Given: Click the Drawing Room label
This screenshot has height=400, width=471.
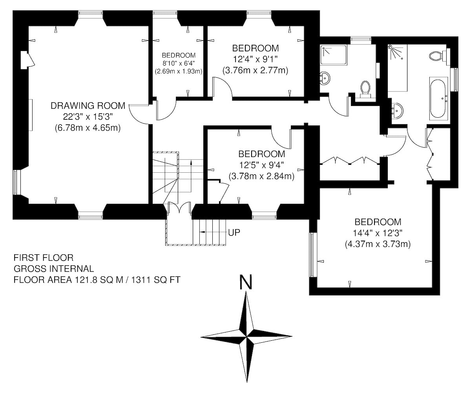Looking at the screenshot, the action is point(88,106).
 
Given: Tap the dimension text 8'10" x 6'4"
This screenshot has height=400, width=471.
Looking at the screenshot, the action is point(179,63).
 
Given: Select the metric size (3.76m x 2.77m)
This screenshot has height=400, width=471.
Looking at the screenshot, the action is point(255,70).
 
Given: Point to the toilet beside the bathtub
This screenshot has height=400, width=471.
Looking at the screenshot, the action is point(439,55).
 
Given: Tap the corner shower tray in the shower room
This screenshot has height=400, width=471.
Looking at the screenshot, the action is point(334,55).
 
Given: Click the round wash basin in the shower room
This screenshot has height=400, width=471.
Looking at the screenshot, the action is point(325,78).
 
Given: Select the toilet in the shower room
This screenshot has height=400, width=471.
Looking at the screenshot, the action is point(365,90).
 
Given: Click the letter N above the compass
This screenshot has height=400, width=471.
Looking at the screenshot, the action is point(246,282).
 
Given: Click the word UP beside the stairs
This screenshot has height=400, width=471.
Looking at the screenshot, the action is point(234,232).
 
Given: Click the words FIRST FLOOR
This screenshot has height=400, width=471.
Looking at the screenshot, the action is point(44,258).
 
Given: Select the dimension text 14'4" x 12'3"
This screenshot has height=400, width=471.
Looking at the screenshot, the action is point(378,233).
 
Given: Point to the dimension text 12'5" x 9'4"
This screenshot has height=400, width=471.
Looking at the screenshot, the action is point(261,165).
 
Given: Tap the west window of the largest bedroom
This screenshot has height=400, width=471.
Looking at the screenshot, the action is point(313,254).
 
